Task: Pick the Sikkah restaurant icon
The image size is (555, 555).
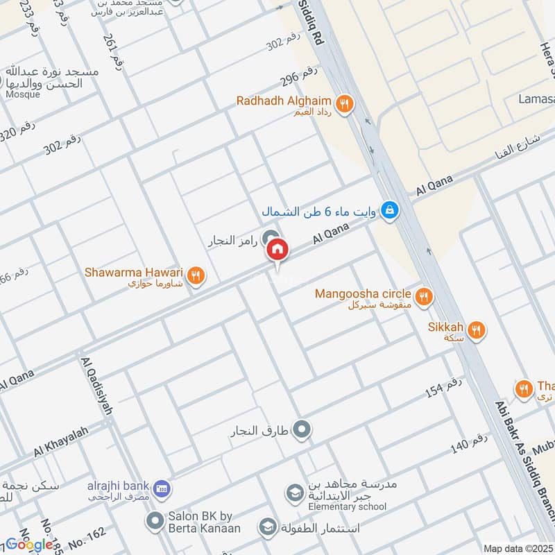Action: tap(477, 330)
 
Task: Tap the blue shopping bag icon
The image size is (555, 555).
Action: tap(390, 209)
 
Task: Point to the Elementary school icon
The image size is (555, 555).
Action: tap(293, 493)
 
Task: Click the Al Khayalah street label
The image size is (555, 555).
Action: tap(61, 442)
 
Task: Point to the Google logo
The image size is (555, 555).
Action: tap(29, 545)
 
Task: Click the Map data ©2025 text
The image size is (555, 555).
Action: tap(517, 549)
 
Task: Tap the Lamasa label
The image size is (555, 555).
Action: tap(536, 99)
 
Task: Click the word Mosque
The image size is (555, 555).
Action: tap(23, 94)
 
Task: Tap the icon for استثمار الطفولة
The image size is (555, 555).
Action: tap(266, 528)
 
